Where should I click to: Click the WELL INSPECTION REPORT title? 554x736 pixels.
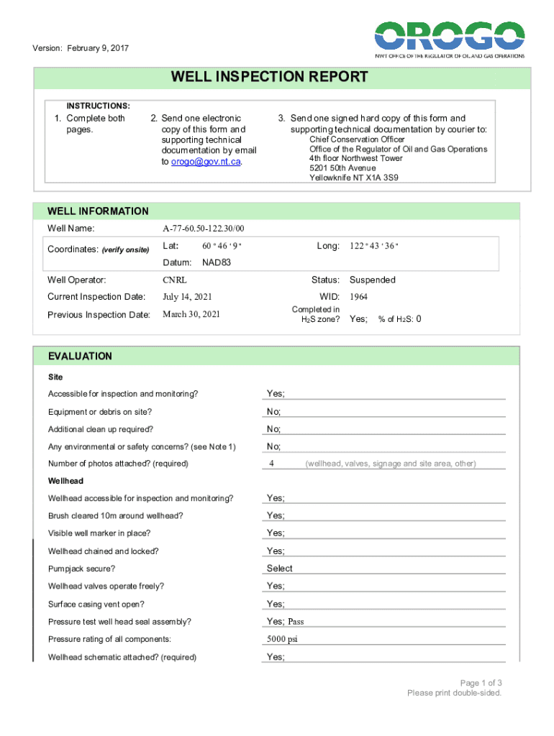pos(269,77)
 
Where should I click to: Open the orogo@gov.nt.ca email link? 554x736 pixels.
pos(206,162)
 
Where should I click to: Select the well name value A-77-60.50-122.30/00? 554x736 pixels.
pos(204,229)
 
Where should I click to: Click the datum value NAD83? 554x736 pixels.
pos(217,262)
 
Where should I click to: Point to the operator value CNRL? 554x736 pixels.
pos(175,280)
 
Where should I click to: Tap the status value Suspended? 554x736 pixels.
pos(372,280)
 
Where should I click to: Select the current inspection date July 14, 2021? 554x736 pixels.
pos(187,297)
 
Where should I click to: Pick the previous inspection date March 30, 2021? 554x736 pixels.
pos(191,314)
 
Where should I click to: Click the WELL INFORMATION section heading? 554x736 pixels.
pos(98,211)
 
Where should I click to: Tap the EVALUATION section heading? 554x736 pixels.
pos(80,356)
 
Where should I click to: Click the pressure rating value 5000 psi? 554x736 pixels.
pos(282,639)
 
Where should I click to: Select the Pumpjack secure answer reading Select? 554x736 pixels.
pos(280,569)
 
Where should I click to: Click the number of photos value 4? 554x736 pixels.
pos(271,464)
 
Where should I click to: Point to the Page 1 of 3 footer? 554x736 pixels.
pos(481,682)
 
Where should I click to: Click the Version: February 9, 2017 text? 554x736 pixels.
pos(81,49)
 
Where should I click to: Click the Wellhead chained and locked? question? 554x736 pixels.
pos(104,551)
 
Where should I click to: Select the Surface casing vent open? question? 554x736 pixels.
pos(96,604)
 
